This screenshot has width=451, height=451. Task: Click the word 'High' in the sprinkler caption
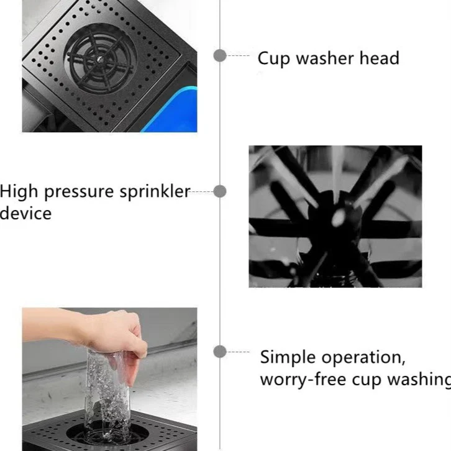pos(19,193)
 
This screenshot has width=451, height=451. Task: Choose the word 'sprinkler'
pos(155,192)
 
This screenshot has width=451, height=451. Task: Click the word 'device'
pos(25,213)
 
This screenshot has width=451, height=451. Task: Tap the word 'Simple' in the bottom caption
pos(288,358)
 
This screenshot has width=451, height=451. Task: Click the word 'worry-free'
pos(303,379)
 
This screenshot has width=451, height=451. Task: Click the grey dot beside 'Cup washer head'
pos(220,55)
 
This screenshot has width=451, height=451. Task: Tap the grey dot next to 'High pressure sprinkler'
pos(220,191)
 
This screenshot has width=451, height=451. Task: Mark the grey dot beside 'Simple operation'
pos(220,352)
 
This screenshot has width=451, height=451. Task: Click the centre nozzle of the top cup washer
pos(99,59)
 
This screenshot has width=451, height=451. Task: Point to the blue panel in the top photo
pos(173,110)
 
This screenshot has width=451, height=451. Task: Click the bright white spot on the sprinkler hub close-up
pos(339,217)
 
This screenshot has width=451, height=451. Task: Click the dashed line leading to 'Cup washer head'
pos(239,55)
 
